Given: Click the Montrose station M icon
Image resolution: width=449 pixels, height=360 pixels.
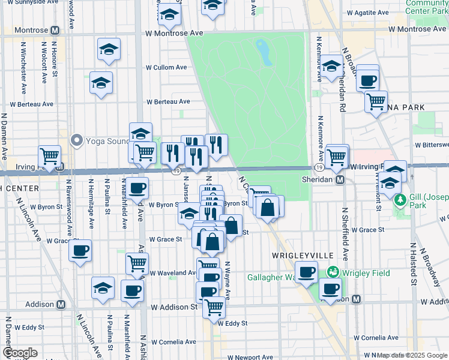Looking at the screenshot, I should (x=55, y=30).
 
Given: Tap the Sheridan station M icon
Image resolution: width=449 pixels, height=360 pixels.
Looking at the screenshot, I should (x=340, y=179).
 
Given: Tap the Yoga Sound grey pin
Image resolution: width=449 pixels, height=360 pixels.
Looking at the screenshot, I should (x=76, y=140).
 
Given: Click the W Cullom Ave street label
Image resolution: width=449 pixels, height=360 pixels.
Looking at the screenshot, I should (x=163, y=68).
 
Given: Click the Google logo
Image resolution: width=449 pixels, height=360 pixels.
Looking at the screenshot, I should (x=20, y=352).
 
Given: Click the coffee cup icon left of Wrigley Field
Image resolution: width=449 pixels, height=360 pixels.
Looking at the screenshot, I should (x=307, y=272).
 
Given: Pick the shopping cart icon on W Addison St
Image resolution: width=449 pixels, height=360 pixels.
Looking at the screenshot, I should (x=214, y=307).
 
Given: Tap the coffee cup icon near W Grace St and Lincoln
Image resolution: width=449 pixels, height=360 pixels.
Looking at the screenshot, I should (x=80, y=250).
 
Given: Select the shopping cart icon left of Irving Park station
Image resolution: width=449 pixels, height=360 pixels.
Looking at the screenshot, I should (x=50, y=157).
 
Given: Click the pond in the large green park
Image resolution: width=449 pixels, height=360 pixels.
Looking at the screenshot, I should (x=262, y=52).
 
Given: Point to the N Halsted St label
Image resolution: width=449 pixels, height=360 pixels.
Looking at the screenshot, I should (x=414, y=264).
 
